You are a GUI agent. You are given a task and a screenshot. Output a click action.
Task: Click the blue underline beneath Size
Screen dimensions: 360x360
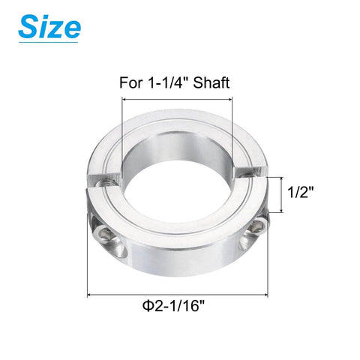pos(49,43)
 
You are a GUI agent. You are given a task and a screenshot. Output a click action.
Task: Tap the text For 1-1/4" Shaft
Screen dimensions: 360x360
pos(174,82)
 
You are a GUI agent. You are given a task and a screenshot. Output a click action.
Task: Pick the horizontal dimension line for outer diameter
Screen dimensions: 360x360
pos(180,295)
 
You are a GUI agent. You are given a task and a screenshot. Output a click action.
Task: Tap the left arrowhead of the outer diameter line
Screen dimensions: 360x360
pos(92,295)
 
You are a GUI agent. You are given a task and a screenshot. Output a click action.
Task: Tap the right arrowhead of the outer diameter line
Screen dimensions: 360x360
pos(268,295)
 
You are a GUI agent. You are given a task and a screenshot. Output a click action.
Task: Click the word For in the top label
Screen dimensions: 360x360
pos(130,82)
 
